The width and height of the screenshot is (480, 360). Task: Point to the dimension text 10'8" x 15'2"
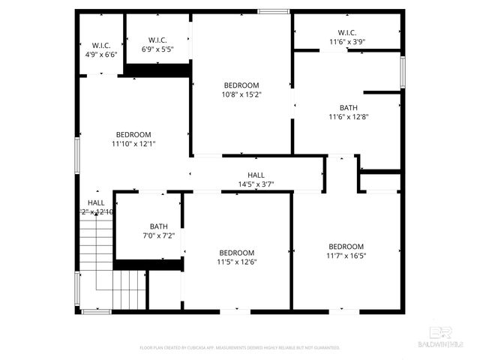tap(241, 94)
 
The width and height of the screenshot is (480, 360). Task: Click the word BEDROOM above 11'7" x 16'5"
tap(346, 247)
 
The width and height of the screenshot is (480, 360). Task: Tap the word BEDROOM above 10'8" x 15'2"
tap(241, 85)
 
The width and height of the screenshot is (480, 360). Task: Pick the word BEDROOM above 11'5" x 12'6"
tap(236, 253)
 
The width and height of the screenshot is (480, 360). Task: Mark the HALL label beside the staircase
tap(96, 202)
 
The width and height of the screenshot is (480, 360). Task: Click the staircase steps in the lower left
tap(112, 270)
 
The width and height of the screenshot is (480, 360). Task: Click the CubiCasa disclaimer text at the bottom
tap(240, 348)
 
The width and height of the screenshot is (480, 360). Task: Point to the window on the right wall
tap(403, 73)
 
